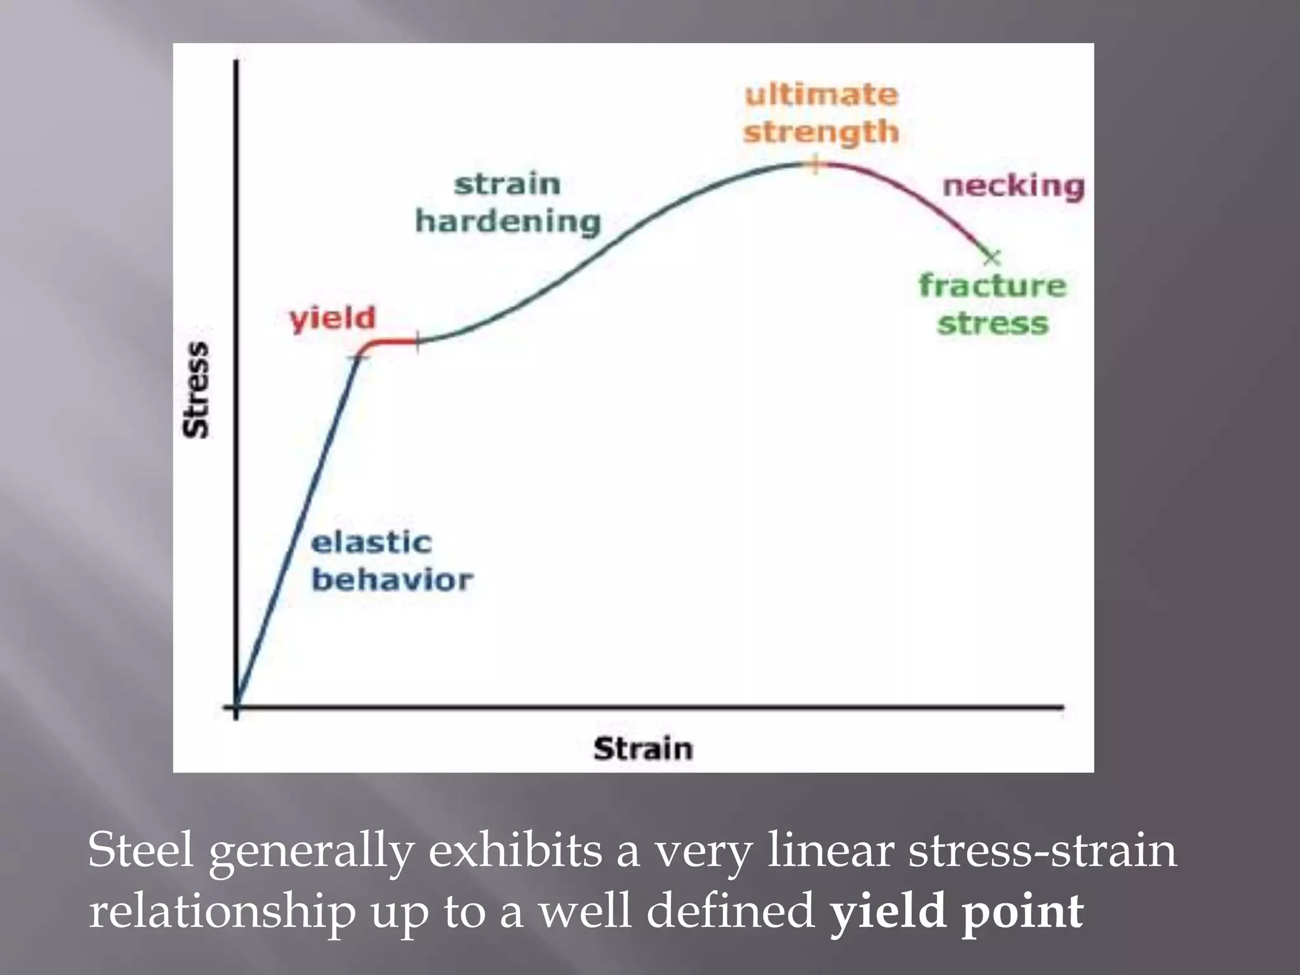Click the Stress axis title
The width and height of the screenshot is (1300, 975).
(x=196, y=390)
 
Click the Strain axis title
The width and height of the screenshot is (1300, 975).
(x=642, y=748)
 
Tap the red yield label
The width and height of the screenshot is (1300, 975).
(x=333, y=318)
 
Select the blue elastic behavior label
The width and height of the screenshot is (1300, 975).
(x=391, y=561)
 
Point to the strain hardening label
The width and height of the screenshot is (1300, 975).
(x=508, y=203)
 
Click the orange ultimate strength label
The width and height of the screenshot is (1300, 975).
(x=821, y=114)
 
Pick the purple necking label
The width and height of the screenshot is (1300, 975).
(x=1013, y=186)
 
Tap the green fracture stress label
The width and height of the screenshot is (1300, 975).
(x=992, y=304)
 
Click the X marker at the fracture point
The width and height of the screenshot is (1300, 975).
(x=992, y=257)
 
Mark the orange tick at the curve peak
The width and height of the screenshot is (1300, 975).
(x=816, y=164)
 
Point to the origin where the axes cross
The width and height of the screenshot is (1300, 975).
(x=236, y=706)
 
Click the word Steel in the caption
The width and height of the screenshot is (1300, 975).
(x=140, y=850)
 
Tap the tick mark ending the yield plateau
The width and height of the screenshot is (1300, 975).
(x=417, y=342)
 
